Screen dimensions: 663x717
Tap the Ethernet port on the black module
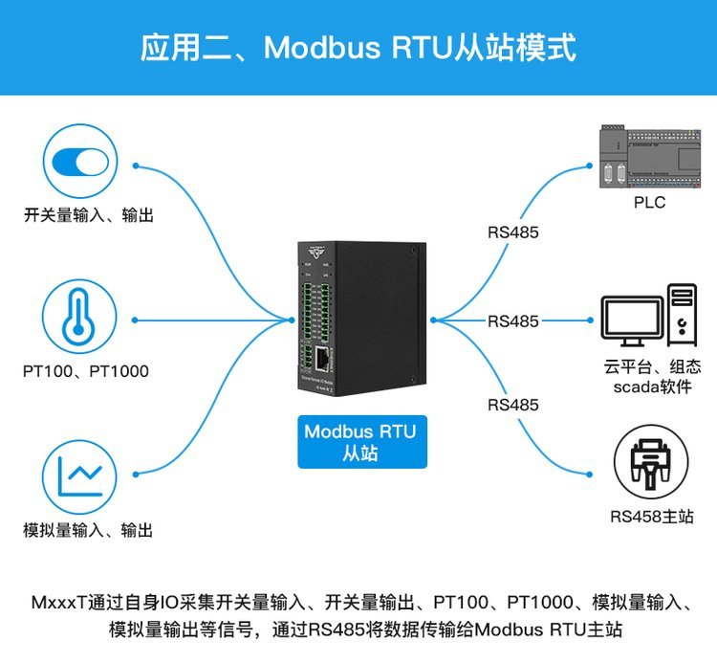[x=324, y=361]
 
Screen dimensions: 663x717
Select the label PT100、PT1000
[x=86, y=370]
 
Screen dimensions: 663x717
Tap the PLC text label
[x=649, y=203]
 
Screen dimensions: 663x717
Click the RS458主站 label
[x=650, y=518]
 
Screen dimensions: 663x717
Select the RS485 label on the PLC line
[x=513, y=232]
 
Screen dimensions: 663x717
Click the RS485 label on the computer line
[x=513, y=321]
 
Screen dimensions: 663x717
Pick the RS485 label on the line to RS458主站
[x=513, y=405]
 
